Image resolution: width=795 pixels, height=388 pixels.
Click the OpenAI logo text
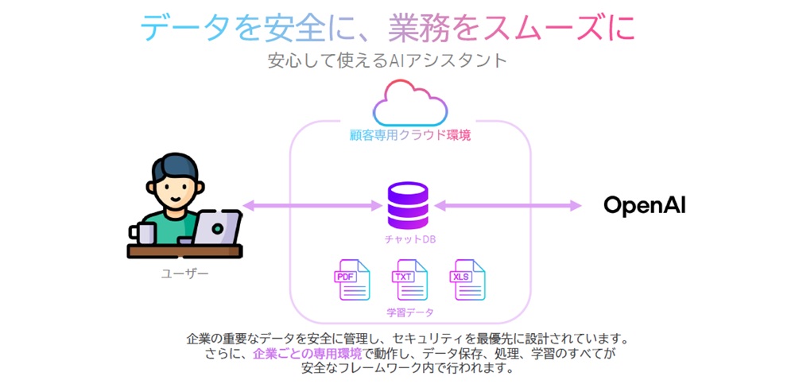644,206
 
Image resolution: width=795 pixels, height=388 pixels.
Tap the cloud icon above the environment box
409,103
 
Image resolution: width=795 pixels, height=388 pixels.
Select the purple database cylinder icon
408,206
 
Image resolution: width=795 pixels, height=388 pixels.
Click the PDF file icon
351,280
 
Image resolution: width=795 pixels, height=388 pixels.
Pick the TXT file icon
409,280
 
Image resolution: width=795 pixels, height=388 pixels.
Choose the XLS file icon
466,280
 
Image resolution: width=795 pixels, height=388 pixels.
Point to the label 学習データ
408,312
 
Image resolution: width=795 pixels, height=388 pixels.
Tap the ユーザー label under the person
184,274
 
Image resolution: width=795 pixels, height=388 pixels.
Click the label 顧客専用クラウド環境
410,135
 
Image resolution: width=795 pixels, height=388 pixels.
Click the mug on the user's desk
144,233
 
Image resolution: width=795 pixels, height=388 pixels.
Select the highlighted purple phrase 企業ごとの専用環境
307,353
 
